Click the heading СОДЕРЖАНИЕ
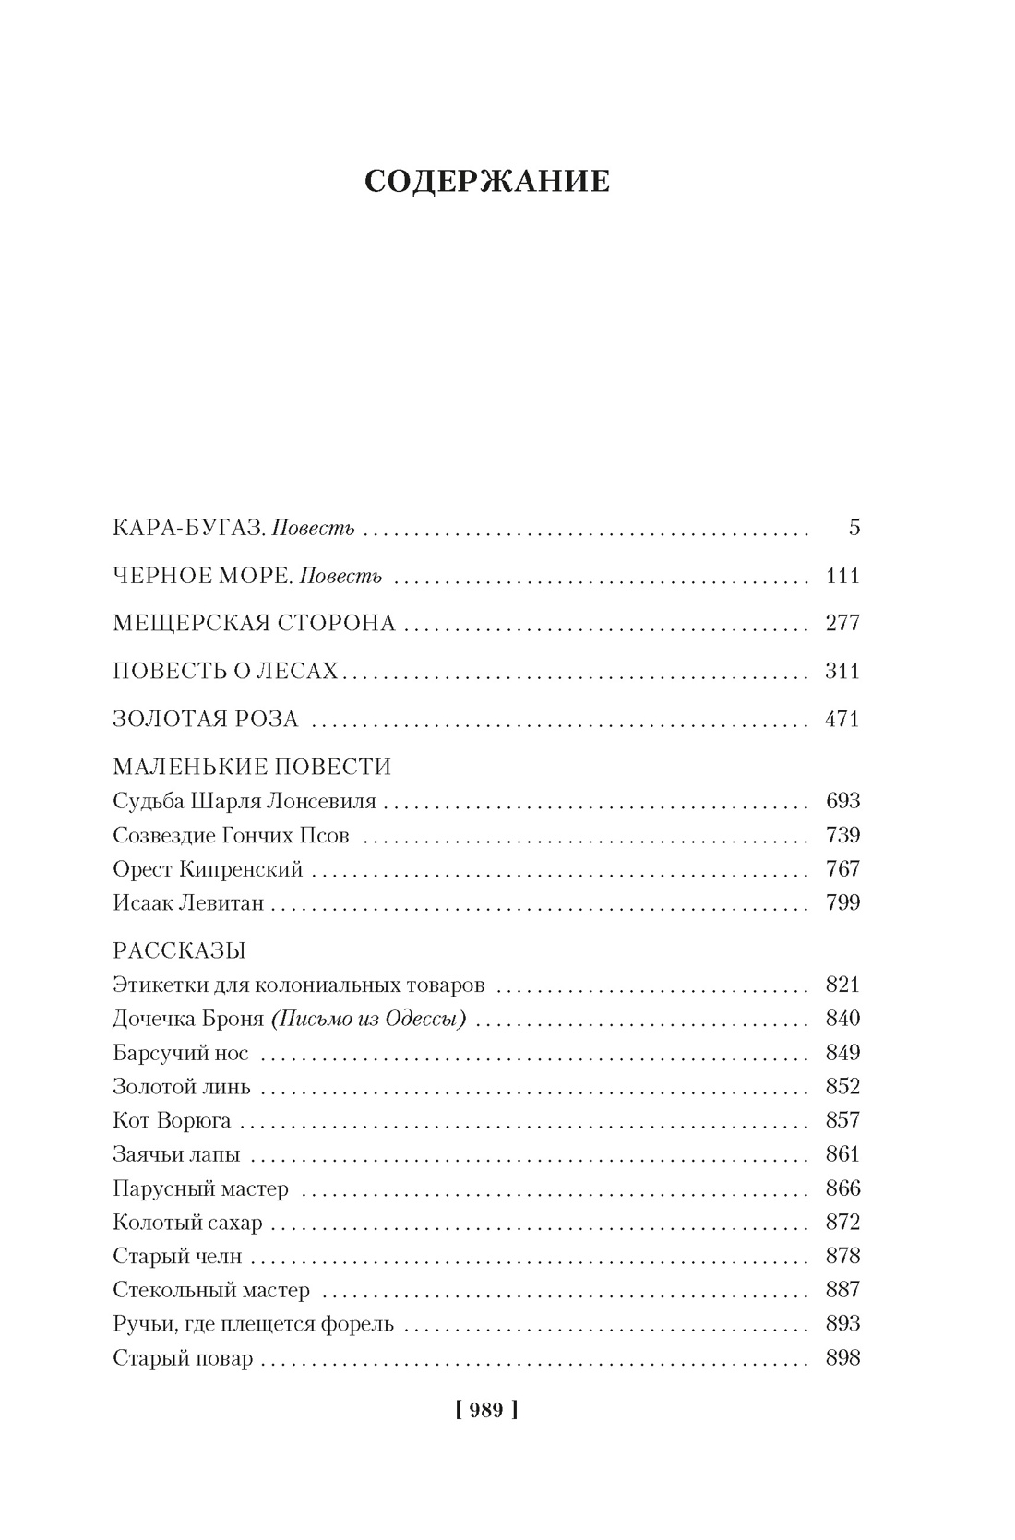[x=487, y=182]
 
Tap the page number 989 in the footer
[x=486, y=1410]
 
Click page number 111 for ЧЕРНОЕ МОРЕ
[x=842, y=577]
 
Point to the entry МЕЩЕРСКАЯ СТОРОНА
[x=254, y=624]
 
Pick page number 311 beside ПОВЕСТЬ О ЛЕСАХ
[x=842, y=672]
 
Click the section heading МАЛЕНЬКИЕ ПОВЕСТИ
[x=252, y=767]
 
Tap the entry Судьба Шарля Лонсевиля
[x=245, y=801]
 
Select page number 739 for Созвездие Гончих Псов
[x=842, y=835]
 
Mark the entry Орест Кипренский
[x=208, y=869]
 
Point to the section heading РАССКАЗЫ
[x=179, y=950]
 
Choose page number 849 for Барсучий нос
[x=842, y=1053]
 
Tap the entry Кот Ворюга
[x=172, y=1121]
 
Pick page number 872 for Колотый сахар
[x=842, y=1223]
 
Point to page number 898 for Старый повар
[x=842, y=1358]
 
